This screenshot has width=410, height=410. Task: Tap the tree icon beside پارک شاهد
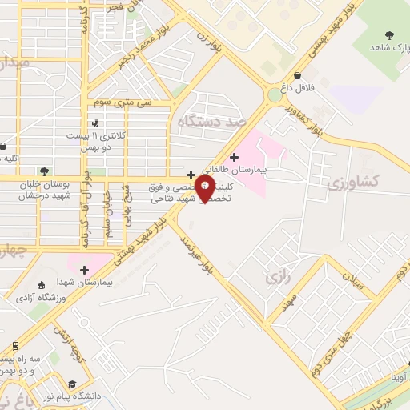(389, 34)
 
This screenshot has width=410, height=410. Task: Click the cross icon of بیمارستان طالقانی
(234, 157)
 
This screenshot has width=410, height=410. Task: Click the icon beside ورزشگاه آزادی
(41, 285)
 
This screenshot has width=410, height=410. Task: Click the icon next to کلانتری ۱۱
(95, 123)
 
